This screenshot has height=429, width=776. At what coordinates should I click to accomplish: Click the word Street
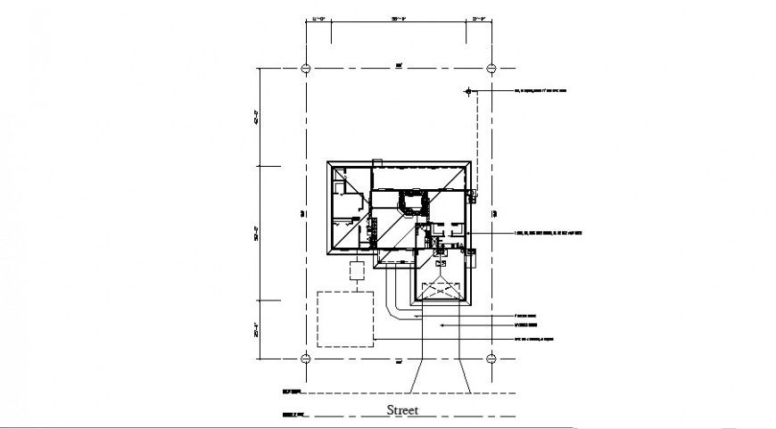coord(402,411)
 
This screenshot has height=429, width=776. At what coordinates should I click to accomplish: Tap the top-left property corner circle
coord(306,68)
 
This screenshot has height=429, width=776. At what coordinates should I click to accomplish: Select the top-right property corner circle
coord(492,68)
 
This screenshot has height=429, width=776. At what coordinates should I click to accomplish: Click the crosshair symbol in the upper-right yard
coord(467,91)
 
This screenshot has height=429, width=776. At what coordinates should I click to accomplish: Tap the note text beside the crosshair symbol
coord(540,91)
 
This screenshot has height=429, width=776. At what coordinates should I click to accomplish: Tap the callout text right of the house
coord(548,234)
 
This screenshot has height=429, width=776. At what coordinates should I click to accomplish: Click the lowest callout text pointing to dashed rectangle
coord(541,339)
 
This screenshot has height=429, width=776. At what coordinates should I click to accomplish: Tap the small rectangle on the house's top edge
coord(377,161)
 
